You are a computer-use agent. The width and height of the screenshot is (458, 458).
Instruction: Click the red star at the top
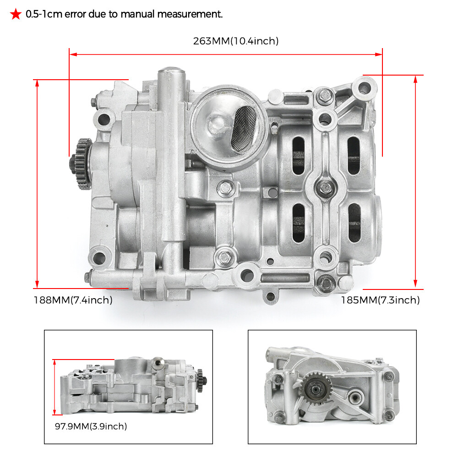[16, 14]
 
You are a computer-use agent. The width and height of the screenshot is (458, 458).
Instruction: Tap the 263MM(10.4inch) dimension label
[236, 41]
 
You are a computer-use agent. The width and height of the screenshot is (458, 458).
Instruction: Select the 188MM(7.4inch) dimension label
[73, 300]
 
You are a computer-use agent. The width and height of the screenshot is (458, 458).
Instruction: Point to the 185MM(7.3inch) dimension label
[380, 300]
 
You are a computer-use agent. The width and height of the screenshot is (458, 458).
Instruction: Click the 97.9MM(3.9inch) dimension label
[91, 426]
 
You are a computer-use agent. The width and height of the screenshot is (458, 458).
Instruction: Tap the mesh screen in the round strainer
[244, 129]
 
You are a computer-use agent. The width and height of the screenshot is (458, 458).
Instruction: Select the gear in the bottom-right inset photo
[316, 389]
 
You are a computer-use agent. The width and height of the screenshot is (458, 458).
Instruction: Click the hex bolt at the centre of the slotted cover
[325, 187]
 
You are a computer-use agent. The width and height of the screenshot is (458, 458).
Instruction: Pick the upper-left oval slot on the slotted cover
[298, 155]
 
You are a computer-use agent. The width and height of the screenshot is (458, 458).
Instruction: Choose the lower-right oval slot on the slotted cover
[354, 223]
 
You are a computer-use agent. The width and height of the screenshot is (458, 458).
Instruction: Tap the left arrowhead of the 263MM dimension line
[73, 55]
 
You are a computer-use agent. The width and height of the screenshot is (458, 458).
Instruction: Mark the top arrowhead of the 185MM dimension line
[415, 79]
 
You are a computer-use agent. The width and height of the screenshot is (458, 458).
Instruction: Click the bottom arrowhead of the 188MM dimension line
[37, 284]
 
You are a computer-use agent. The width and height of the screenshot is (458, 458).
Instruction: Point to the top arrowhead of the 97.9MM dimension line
[55, 362]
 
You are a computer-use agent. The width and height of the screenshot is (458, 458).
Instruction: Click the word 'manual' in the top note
[137, 14]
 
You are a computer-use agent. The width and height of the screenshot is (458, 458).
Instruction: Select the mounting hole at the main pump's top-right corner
[364, 87]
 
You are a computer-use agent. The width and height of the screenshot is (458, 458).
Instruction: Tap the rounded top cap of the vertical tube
[171, 71]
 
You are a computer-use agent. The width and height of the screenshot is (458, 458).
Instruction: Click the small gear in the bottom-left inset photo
[201, 380]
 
